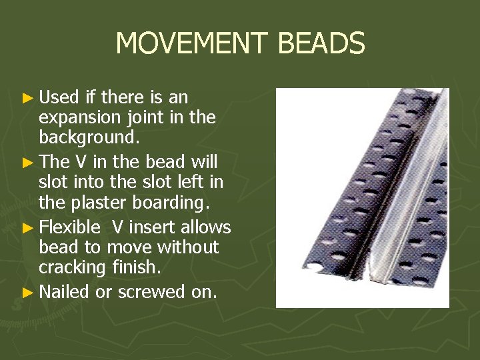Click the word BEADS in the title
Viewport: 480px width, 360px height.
tap(321, 44)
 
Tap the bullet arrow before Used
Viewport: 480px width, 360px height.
tap(27, 98)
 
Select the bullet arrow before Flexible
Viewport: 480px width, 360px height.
tap(27, 228)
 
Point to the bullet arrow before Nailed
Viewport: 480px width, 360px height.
tap(27, 292)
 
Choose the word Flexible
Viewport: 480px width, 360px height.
tap(69, 227)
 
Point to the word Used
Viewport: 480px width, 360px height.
tap(59, 97)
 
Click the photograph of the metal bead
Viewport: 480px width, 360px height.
tap(362, 198)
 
